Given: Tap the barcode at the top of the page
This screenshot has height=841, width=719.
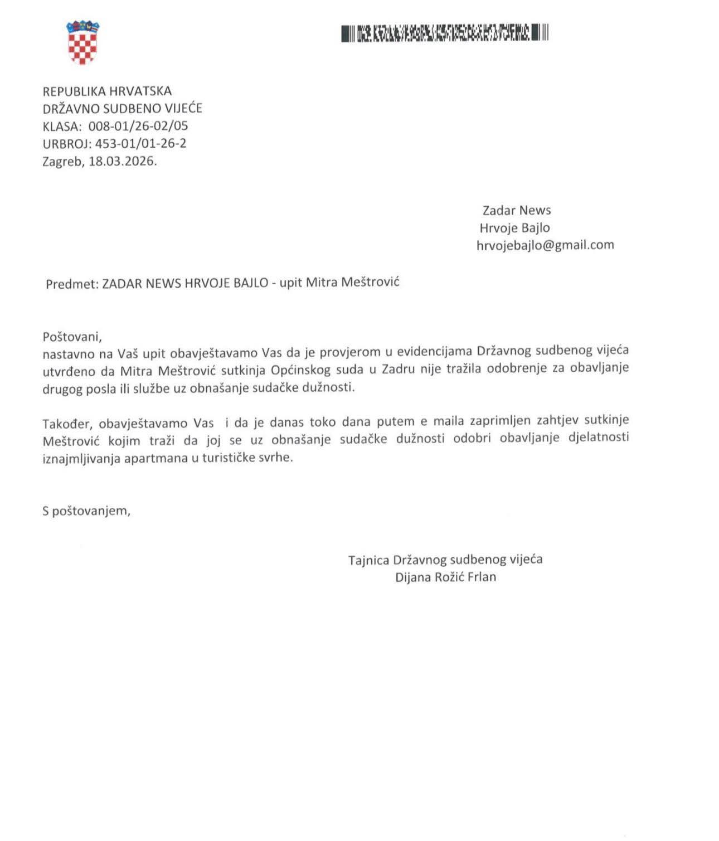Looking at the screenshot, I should point(445,33).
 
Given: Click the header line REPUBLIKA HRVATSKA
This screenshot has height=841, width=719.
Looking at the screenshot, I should point(107,91).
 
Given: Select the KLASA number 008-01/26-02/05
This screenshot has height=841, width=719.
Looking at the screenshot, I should point(138,126).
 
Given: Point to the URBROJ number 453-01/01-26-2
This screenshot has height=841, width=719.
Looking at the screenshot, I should point(140,144).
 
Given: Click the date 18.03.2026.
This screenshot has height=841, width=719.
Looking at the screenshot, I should point(123,162).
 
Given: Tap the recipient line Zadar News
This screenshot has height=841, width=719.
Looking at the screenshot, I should point(516,210).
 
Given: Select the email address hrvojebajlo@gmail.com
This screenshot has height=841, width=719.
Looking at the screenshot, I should point(545,245).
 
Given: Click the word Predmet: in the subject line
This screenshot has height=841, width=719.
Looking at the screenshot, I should point(72,284).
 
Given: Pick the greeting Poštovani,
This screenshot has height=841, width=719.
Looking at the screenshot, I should point(72,337).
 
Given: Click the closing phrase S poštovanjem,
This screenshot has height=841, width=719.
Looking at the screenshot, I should point(86,511).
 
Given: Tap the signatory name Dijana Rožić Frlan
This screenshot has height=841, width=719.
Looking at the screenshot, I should point(445,577).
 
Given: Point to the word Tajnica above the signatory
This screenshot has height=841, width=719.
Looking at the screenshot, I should point(368,560).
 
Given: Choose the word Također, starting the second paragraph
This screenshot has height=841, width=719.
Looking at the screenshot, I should point(66,424).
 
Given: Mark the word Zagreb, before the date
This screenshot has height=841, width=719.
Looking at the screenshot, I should point(63,162).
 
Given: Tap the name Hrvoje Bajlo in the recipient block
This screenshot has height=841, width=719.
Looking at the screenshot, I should point(514,228).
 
